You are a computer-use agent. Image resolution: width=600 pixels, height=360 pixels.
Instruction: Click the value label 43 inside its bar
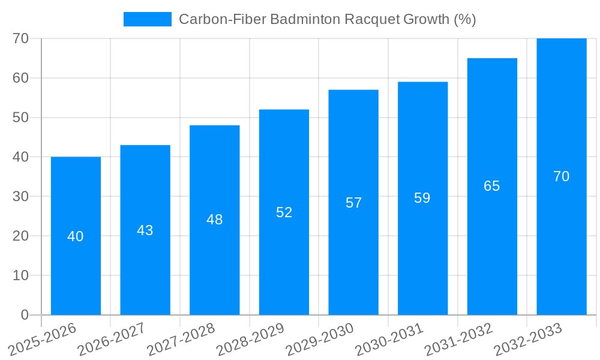[x=145, y=230]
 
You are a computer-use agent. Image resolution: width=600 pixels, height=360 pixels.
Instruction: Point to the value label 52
[x=284, y=212]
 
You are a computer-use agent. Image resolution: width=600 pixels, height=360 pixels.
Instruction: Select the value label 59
[x=422, y=198]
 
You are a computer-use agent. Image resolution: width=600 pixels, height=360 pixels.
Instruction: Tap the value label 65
[x=492, y=186]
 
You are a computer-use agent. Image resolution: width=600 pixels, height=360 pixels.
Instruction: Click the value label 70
[x=562, y=176]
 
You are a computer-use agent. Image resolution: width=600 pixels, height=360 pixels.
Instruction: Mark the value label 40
[x=76, y=236]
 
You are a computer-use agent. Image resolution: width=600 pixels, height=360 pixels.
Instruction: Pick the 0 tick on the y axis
[x=25, y=315]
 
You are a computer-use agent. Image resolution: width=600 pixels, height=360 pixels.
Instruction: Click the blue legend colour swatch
[x=147, y=19]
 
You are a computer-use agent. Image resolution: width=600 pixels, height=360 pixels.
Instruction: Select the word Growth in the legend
[x=425, y=19]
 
